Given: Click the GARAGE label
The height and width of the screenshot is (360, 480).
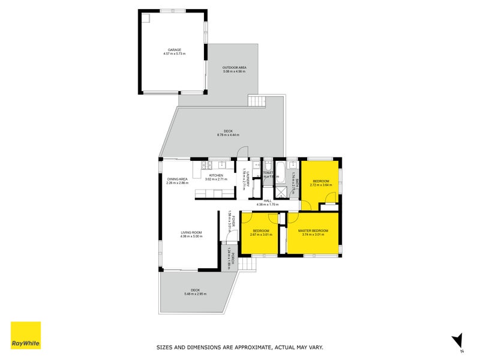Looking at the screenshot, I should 174,50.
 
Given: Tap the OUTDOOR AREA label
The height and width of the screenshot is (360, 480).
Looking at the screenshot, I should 234,67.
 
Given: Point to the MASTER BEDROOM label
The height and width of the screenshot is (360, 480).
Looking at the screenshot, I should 313,230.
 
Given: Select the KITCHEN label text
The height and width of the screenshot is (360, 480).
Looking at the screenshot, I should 216,175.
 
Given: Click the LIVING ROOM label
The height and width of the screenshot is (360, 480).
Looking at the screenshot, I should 191,232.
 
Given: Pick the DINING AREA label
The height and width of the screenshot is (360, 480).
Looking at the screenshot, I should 178,179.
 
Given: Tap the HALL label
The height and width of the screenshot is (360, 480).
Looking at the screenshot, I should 268,200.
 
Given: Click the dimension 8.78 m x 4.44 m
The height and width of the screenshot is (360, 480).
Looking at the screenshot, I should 229,135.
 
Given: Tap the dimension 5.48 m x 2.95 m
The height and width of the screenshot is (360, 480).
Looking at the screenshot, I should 196,293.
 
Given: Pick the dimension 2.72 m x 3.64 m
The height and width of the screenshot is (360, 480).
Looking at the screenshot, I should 320,185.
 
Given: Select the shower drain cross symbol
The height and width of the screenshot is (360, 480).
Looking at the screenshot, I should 280,192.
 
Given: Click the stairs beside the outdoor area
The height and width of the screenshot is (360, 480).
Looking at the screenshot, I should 256,101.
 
